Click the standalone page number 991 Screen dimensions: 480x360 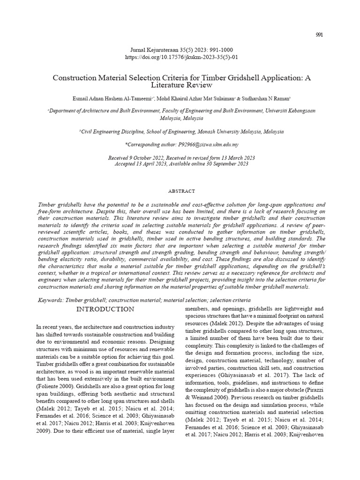[319, 35]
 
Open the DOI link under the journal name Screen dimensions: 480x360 [180, 57]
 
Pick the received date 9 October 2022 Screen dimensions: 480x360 [139, 158]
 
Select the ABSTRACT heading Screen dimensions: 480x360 [181, 191]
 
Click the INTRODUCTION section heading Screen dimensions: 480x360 [105, 309]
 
